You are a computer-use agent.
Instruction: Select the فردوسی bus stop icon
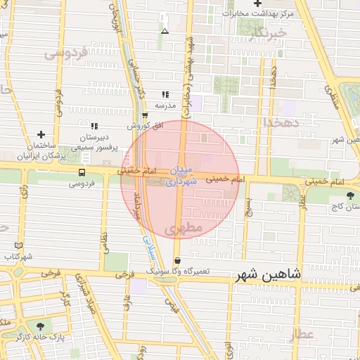pyautogui.click(x=82, y=172)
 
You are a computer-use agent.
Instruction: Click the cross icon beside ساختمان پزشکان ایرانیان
pyautogui.click(x=41, y=134)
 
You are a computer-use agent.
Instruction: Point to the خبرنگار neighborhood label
pyautogui.click(x=269, y=32)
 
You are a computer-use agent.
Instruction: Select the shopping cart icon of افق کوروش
pyautogui.click(x=145, y=115)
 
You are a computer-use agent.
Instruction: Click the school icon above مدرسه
pyautogui.click(x=165, y=94)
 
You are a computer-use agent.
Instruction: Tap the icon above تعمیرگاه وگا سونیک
pyautogui.click(x=176, y=259)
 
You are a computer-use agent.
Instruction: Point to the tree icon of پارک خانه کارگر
pyautogui.click(x=39, y=326)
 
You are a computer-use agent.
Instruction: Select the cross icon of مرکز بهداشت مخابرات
pyautogui.click(x=258, y=4)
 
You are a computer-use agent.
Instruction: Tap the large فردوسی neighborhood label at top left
pyautogui.click(x=65, y=52)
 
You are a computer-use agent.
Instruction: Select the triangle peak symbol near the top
pyautogui.click(x=165, y=32)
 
